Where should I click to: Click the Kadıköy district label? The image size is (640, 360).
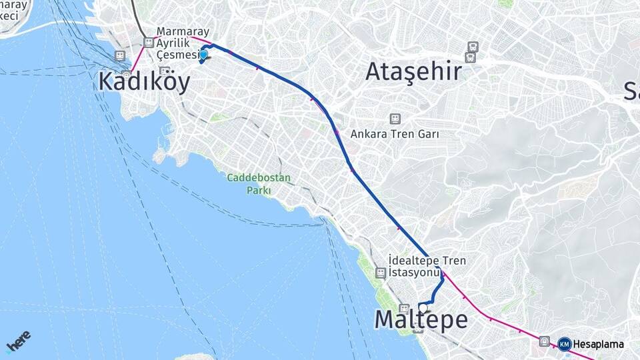143,81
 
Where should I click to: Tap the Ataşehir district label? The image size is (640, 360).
413,71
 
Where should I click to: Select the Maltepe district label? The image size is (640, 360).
421,319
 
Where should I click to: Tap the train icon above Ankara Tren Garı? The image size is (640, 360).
395,119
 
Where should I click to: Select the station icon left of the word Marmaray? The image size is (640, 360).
149,42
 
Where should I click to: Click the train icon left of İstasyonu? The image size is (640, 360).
380,272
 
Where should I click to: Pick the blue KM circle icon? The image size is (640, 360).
564,344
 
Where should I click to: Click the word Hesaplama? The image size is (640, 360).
598,345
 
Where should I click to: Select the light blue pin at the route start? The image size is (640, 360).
204,56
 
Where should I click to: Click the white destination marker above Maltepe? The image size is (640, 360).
423,307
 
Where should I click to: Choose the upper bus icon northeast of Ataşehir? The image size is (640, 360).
473,47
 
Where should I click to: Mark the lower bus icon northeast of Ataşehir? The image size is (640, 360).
473,57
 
